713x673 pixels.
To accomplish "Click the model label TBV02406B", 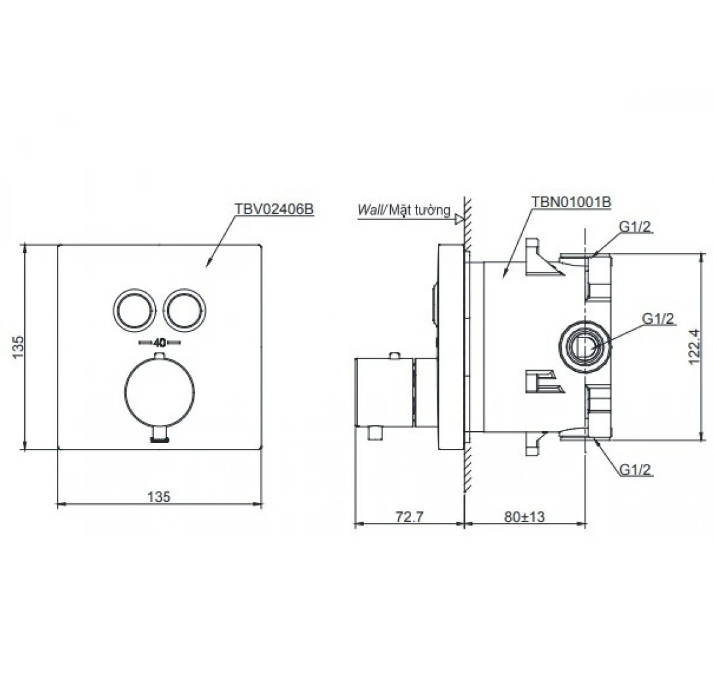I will point(274,209).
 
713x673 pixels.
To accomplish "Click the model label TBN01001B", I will point(571,202).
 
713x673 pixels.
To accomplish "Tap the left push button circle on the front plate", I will point(135,307).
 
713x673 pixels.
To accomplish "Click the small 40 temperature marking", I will point(160,343).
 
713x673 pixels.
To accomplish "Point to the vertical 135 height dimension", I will point(18,347).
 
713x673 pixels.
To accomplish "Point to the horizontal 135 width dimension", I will point(158,497).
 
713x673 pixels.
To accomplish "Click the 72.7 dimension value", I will point(409,517).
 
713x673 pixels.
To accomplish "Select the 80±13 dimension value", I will point(524,517).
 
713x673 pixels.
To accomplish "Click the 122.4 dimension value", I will point(695,347).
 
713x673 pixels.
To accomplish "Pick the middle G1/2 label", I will point(657,318).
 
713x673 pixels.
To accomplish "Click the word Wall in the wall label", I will point(371,210).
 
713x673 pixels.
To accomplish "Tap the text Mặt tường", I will point(420,210).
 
